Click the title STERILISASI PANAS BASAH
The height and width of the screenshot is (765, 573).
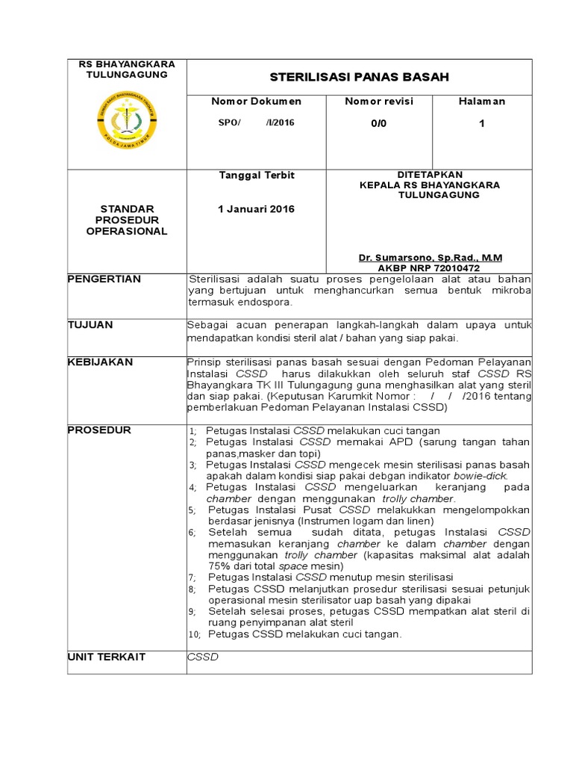pos(359,77)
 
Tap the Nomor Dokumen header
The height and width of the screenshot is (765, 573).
pos(256,101)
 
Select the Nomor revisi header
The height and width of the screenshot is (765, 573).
pos(378,101)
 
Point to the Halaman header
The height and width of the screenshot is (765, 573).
pos(481,101)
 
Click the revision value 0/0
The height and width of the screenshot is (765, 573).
pos(378,123)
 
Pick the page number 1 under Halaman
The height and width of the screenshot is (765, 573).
pos(481,123)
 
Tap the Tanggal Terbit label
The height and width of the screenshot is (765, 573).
pos(256,175)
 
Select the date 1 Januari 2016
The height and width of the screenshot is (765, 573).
pos(256,208)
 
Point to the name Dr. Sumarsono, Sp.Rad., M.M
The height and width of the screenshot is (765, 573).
pos(430,258)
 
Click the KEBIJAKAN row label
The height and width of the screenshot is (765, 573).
pos(100,362)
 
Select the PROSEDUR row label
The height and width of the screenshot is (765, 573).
pos(99,430)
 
